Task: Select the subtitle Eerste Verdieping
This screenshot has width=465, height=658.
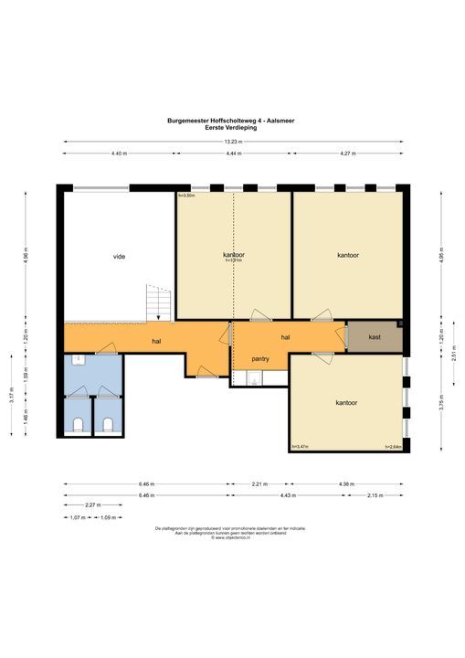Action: pyautogui.click(x=231, y=128)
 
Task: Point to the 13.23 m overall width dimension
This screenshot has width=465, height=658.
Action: pyautogui.click(x=235, y=142)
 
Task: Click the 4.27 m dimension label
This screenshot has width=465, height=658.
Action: pyautogui.click(x=348, y=154)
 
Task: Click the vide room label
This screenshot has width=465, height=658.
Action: pyautogui.click(x=119, y=256)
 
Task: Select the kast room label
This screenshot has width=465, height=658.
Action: pyautogui.click(x=375, y=337)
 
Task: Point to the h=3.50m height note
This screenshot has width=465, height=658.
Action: pyautogui.click(x=186, y=196)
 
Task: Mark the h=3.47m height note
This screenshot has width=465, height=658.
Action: pyautogui.click(x=300, y=447)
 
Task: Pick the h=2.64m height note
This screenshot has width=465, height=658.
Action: pyautogui.click(x=394, y=447)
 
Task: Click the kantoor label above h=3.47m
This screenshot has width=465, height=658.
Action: pyautogui.click(x=345, y=402)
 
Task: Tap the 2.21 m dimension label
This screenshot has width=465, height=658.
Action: pyautogui.click(x=259, y=483)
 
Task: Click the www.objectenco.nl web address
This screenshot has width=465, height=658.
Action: pyautogui.click(x=231, y=538)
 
